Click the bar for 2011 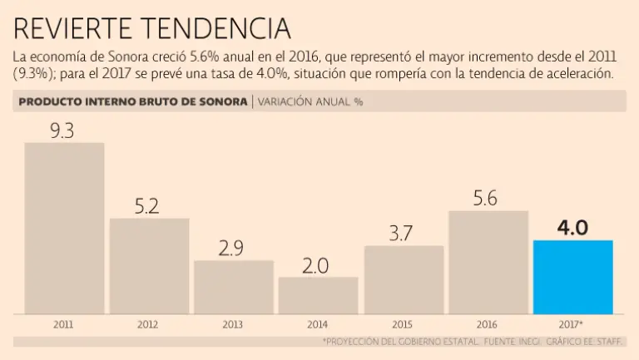pos(64,228)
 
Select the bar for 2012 pos(149,265)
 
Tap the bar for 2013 pos(234,287)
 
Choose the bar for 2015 pos(404,279)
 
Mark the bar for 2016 pos(488,262)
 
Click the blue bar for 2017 pos(572,277)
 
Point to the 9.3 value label pos(63,130)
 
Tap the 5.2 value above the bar pos(147,206)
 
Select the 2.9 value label pos(233,248)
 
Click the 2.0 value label pos(317,265)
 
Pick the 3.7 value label pos(402,234)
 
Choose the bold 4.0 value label pos(572,227)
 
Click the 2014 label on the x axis pos(318,324)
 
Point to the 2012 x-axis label pos(149,324)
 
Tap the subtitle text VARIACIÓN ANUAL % pos(310,102)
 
